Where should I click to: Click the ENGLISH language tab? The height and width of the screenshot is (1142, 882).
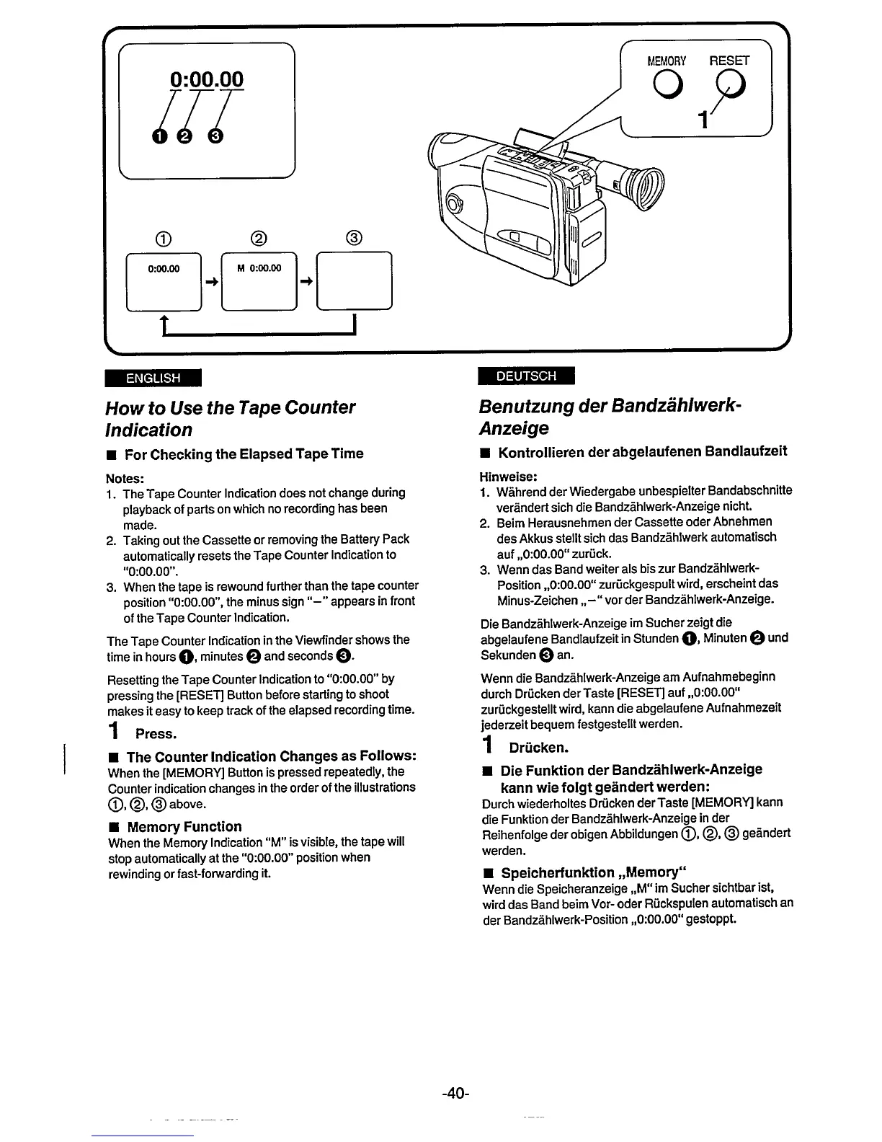(153, 378)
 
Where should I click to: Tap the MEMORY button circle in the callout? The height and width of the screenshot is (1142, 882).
(669, 89)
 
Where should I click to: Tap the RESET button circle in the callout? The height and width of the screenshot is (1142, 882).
(729, 88)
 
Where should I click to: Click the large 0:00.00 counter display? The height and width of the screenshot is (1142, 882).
(207, 79)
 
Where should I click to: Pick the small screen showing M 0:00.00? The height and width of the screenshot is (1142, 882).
(259, 281)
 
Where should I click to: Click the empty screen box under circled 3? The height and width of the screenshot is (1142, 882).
(355, 281)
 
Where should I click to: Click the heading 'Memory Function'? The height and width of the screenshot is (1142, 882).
(184, 826)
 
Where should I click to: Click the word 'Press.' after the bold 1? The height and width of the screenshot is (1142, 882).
(156, 734)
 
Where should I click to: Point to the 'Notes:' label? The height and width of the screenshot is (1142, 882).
(125, 478)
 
